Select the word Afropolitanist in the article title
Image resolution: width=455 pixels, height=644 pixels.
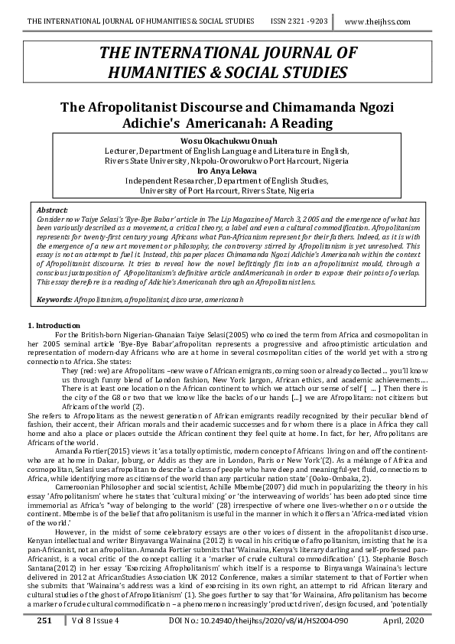159,107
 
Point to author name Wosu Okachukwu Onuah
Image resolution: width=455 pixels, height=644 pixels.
227,141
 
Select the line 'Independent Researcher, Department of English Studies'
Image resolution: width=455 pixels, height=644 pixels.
227,181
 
